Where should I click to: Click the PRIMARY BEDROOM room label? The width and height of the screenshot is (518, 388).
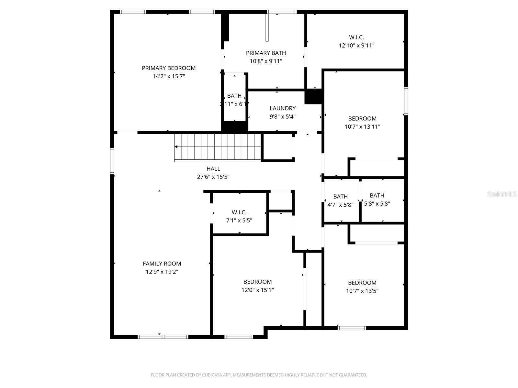pyautogui.click(x=169, y=68)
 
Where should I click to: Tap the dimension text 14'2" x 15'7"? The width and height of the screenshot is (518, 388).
pyautogui.click(x=169, y=76)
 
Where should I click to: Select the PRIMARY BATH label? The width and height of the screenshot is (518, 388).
pyautogui.click(x=266, y=53)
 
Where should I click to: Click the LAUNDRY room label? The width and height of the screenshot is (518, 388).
pyautogui.click(x=283, y=108)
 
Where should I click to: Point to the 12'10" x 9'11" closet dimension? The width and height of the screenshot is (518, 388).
pyautogui.click(x=356, y=46)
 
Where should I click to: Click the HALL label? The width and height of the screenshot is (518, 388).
pyautogui.click(x=213, y=168)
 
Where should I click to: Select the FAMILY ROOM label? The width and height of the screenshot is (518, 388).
pyautogui.click(x=162, y=264)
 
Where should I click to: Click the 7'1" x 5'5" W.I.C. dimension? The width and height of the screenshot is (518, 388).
pyautogui.click(x=239, y=221)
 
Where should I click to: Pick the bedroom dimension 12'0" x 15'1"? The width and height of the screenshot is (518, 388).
pyautogui.click(x=257, y=290)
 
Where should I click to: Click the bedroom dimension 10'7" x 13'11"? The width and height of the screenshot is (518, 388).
pyautogui.click(x=362, y=127)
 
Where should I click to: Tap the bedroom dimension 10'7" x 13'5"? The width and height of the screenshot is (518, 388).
pyautogui.click(x=362, y=291)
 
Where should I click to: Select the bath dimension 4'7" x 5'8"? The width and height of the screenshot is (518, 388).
pyautogui.click(x=340, y=205)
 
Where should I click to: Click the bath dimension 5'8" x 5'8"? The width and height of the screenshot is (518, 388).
pyautogui.click(x=377, y=204)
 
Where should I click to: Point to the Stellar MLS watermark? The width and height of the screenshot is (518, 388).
pyautogui.click(x=502, y=194)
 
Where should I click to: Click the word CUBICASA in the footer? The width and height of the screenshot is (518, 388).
pyautogui.click(x=212, y=375)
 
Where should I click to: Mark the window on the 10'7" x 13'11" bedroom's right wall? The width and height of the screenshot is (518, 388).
pyautogui.click(x=406, y=101)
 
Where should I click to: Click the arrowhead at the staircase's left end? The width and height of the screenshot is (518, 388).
pyautogui.click(x=176, y=147)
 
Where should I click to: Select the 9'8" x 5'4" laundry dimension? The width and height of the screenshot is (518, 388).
pyautogui.click(x=283, y=116)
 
